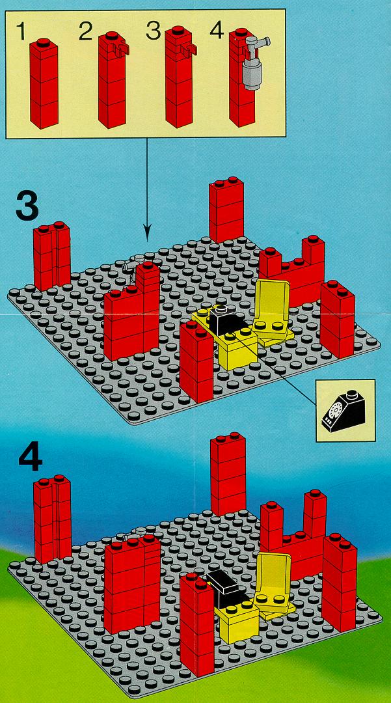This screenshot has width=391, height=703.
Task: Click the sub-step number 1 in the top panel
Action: pyautogui.click(x=21, y=32)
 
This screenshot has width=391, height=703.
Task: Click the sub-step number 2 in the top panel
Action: pyautogui.click(x=85, y=32)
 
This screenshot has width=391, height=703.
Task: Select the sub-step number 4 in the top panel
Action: pyautogui.click(x=217, y=31)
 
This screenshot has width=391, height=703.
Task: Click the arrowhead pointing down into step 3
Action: pyautogui.click(x=147, y=235)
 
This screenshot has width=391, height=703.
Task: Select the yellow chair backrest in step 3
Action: pyautogui.click(x=271, y=300)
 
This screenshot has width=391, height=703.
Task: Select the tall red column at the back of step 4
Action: pyautogui.click(x=228, y=475)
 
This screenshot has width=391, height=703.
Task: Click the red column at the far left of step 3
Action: pyautogui.click(x=51, y=256)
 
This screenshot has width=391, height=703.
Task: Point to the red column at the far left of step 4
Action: pyautogui.click(x=53, y=519)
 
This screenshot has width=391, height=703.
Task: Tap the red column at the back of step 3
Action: pyautogui.click(x=226, y=210)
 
